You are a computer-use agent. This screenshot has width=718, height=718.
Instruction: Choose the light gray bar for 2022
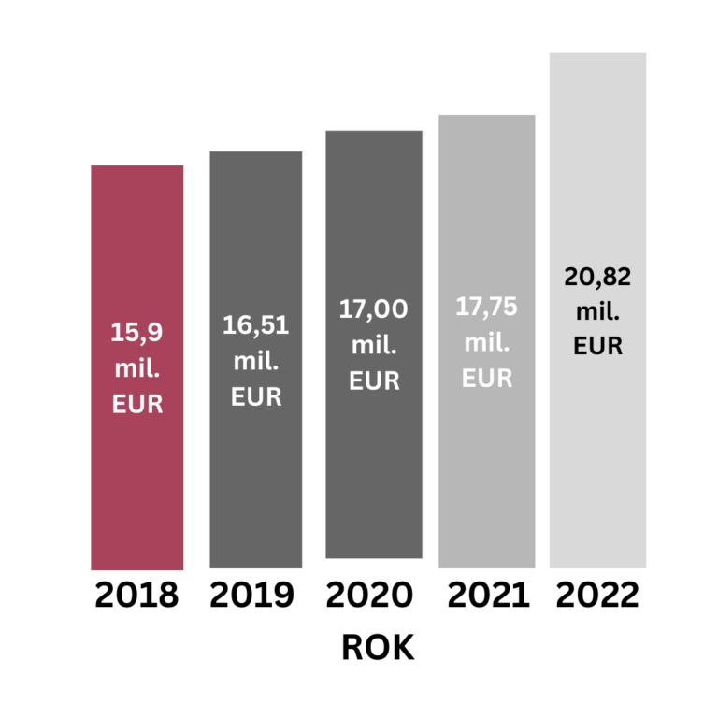pos(597,449)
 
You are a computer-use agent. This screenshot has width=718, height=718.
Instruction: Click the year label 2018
pos(136,596)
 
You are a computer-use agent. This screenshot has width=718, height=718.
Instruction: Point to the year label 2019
pos(252,596)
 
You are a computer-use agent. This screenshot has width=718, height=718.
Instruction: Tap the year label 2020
pos(370,596)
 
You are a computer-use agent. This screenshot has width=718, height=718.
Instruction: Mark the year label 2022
pos(598,596)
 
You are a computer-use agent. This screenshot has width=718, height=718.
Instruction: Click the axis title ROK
pos(378,648)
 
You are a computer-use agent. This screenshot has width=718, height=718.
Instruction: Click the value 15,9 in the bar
pos(137,332)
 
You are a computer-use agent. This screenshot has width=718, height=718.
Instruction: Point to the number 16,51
pos(255,325)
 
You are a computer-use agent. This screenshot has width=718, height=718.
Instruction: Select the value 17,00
pos(374,309)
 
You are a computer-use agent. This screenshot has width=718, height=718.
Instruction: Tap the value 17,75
pos(487,307)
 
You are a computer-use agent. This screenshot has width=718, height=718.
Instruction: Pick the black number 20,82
pos(598,276)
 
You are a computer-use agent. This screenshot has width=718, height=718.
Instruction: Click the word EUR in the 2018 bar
pos(137,406)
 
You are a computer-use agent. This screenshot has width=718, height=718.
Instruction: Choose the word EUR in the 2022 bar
pos(598,346)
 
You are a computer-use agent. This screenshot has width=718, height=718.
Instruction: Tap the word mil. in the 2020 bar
pos(374,345)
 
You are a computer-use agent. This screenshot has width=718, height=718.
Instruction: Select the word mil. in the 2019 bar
pos(255,361)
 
